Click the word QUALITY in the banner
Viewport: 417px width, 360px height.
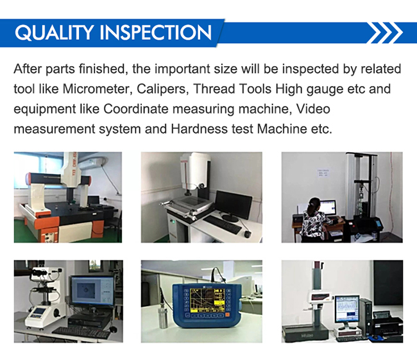coord(54,33)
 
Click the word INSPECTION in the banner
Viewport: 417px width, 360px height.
coord(156,33)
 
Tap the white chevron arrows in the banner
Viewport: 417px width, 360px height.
coord(386,33)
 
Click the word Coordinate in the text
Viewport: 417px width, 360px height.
coord(136,109)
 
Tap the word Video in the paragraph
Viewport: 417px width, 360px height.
coord(313,109)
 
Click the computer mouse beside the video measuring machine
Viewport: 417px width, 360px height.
coord(248,234)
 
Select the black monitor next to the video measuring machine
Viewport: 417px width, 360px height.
coord(234,205)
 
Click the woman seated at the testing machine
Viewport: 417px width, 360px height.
coord(314,220)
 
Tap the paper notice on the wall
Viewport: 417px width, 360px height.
coord(323,173)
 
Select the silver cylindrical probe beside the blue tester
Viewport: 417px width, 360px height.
coord(164,318)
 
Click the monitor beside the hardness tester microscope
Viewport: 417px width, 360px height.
coord(92,292)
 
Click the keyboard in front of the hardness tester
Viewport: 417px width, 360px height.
coord(81,332)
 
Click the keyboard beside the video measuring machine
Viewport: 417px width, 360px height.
coord(222,225)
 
